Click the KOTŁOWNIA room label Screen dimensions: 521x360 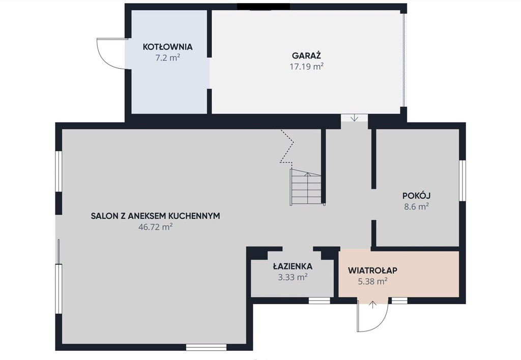point(167,47)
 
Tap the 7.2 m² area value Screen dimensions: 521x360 point(167,58)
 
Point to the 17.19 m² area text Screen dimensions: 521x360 point(306,67)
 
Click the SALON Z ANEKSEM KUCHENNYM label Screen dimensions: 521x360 point(156,216)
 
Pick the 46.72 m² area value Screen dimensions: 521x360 point(156,227)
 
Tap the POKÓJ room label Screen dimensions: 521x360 point(416,196)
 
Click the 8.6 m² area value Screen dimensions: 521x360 point(416,206)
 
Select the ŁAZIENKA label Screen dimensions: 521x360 point(293,266)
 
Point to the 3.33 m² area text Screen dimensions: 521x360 point(293,277)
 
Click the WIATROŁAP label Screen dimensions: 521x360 point(372,271)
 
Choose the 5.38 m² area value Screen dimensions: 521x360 point(372,282)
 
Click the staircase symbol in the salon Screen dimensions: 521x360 point(306,187)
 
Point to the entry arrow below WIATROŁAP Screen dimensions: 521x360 point(373,305)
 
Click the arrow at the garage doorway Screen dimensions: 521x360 point(354,117)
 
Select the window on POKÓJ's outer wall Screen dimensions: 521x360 point(462,181)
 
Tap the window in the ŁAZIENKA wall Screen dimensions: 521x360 point(320,301)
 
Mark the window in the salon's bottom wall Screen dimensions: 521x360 point(206,347)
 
